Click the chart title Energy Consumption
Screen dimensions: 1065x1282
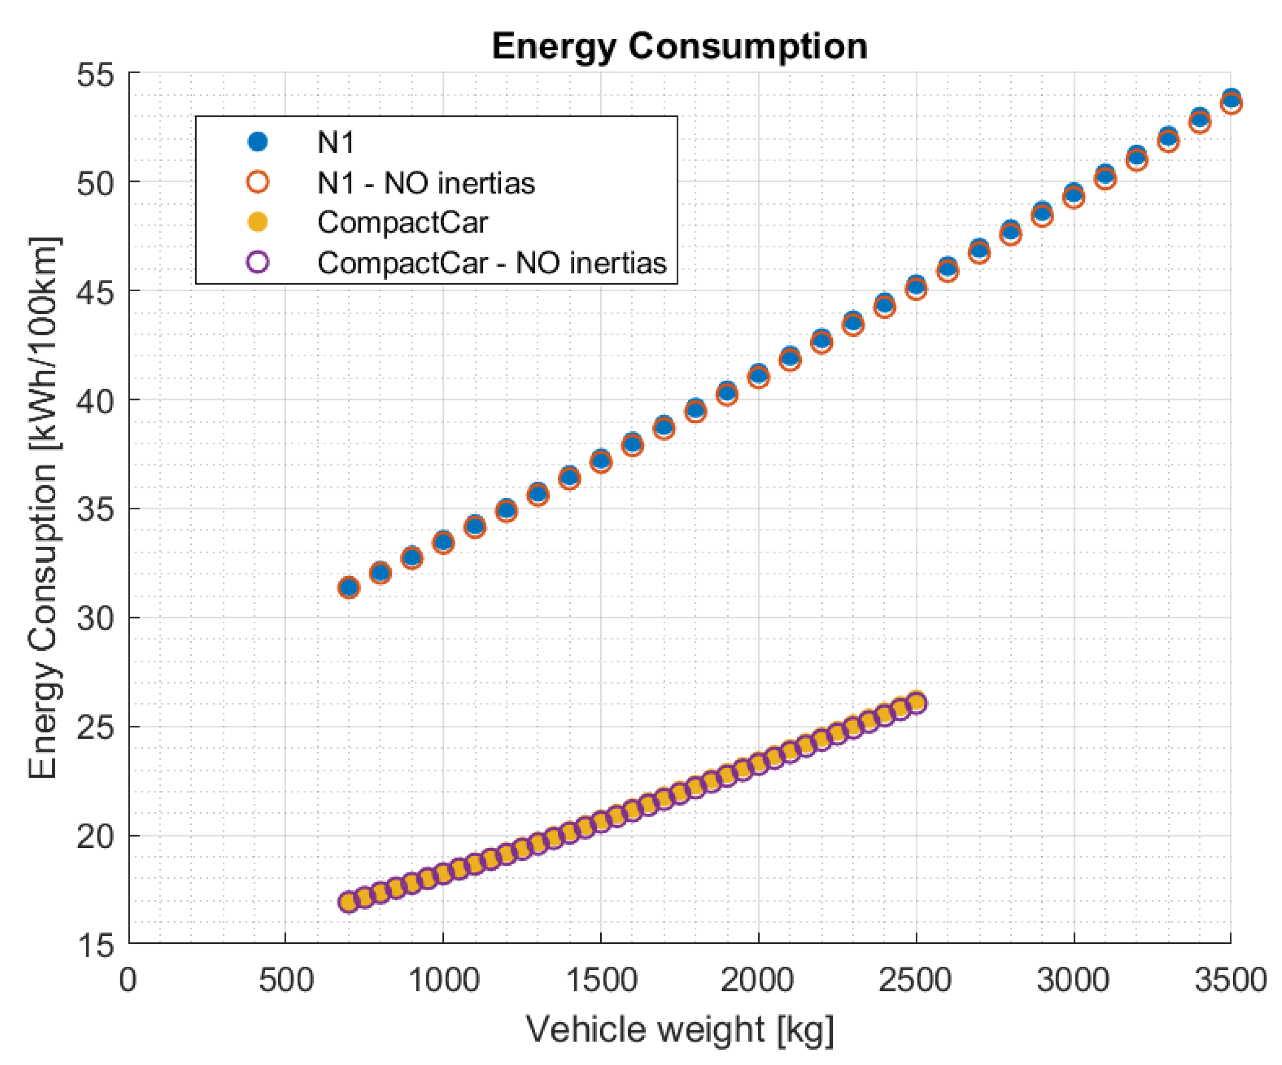click(x=679, y=47)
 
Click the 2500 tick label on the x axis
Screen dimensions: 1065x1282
click(x=915, y=980)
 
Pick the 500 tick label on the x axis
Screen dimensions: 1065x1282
click(x=286, y=980)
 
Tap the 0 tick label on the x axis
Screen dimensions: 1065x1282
click(x=128, y=980)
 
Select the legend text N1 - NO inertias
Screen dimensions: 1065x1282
click(x=425, y=182)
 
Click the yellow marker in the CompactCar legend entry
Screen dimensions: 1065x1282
click(x=258, y=222)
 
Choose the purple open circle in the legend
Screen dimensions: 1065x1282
click(x=258, y=262)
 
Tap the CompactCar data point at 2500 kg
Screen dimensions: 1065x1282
click(x=916, y=702)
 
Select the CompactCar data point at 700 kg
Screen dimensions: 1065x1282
click(x=349, y=902)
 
